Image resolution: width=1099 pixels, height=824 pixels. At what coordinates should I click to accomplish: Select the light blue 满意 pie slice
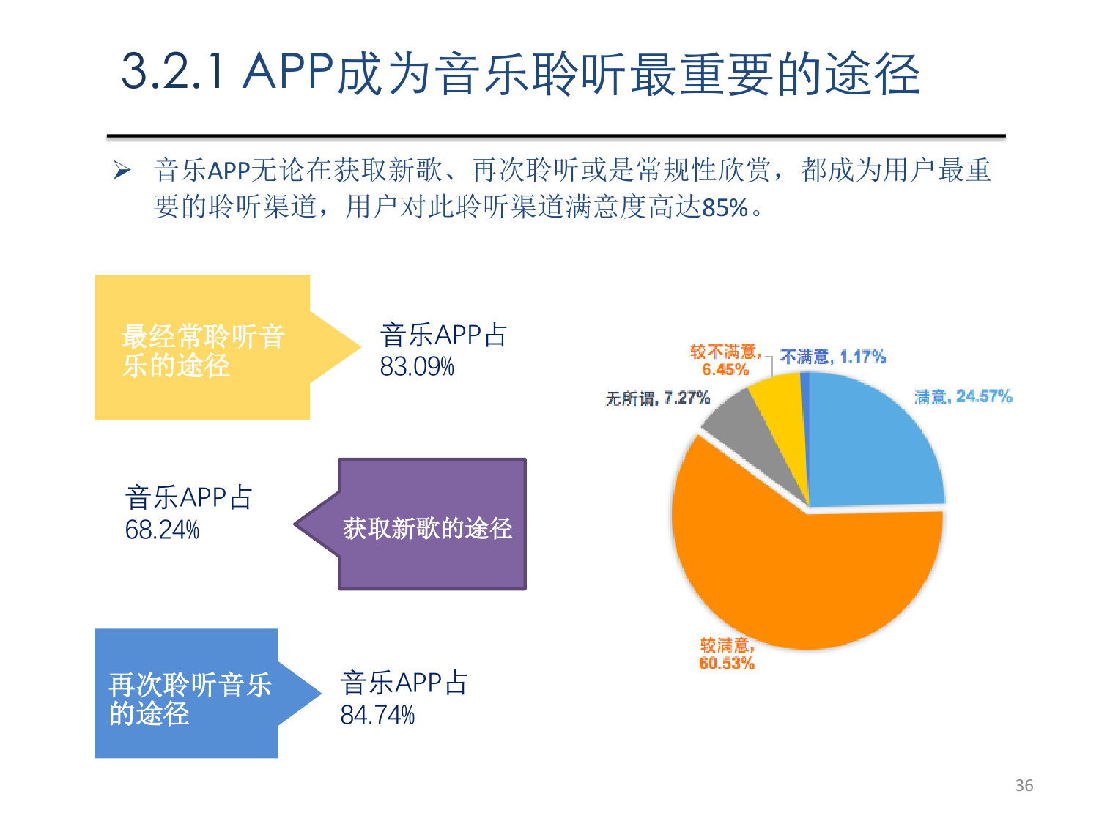(x=872, y=447)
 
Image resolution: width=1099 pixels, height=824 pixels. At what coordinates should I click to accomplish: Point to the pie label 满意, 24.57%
(x=963, y=397)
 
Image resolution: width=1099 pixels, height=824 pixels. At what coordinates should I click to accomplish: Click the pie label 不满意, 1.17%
(x=833, y=357)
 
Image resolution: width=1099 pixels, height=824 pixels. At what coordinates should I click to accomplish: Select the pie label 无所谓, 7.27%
(x=657, y=398)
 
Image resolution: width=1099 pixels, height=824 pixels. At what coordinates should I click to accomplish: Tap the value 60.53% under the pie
(x=726, y=664)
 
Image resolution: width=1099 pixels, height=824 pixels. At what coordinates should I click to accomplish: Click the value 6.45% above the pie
(x=725, y=369)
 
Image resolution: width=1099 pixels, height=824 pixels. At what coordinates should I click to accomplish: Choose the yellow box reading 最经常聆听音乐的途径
(x=202, y=348)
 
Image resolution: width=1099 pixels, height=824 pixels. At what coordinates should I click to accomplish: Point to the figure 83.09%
(x=417, y=366)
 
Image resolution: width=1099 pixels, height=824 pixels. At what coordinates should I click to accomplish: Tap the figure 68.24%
(x=162, y=530)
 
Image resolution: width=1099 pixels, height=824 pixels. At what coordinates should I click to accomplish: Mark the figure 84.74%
(x=377, y=715)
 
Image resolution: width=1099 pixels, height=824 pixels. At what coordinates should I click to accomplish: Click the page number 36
(x=1024, y=785)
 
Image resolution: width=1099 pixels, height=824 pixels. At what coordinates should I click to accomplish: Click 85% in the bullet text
(x=725, y=208)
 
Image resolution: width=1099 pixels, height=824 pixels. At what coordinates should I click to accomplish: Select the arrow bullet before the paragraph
(x=122, y=171)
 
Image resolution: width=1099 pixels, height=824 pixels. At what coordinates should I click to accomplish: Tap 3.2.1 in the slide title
(x=173, y=73)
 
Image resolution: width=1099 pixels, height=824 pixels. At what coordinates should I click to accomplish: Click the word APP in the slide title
(x=289, y=73)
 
